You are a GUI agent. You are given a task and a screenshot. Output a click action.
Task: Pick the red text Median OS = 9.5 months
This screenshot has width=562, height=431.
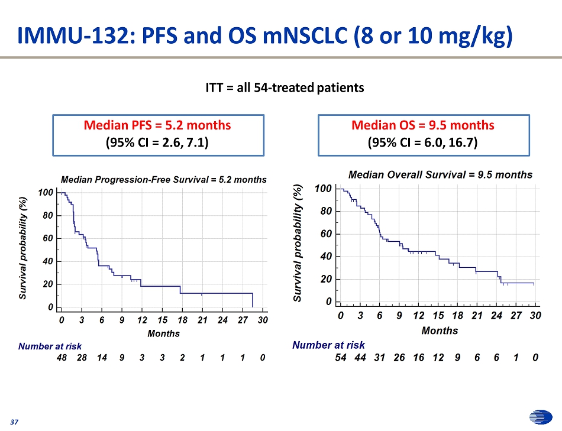coord(422,125)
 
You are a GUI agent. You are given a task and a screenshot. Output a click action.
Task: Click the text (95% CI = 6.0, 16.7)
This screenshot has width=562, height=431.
coord(422,142)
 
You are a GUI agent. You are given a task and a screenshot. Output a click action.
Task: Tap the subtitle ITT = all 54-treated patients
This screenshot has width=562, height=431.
coord(285,88)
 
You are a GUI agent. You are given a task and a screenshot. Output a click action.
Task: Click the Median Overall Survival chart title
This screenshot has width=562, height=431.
coord(440,174)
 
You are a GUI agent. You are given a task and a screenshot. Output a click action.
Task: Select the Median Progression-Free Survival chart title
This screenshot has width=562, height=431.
coord(164,179)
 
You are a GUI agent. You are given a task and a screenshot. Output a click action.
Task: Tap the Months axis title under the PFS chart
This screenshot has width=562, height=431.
coord(163,333)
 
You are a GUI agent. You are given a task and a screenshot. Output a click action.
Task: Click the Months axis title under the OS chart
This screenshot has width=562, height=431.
coord(440,330)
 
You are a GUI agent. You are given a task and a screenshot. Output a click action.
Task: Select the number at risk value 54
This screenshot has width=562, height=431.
coord(341,357)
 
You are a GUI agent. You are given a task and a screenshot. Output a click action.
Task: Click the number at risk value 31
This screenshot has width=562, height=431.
coord(380,357)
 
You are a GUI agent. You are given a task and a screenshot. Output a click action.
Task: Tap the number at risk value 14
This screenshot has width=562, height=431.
coord(102,358)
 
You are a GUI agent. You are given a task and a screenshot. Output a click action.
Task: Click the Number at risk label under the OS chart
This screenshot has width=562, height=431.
coord(328,345)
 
